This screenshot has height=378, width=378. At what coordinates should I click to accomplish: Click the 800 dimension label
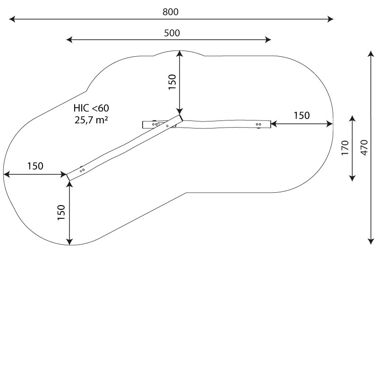(171, 12)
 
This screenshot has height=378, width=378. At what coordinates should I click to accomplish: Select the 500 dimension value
(172, 33)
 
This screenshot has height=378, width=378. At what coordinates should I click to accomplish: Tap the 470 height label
(364, 147)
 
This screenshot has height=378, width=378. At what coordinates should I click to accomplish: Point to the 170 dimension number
(345, 148)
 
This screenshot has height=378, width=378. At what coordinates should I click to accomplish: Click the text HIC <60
(91, 108)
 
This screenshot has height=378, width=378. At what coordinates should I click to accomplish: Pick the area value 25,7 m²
(91, 120)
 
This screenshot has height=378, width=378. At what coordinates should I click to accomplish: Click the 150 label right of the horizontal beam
(301, 116)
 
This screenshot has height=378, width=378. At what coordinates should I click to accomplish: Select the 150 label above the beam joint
(172, 82)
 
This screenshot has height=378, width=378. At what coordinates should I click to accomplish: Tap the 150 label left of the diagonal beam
(35, 166)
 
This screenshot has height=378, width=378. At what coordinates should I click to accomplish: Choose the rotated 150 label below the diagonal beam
(61, 212)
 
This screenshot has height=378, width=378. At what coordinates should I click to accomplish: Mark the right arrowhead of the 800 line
(330, 19)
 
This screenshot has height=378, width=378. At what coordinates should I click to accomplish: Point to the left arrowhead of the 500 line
(69, 40)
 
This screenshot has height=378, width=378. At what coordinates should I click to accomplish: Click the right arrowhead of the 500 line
(268, 40)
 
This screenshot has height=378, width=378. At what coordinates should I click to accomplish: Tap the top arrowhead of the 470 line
(371, 53)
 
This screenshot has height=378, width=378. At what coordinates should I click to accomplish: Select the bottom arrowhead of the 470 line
(371, 241)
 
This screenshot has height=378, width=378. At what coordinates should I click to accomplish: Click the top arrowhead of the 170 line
(352, 119)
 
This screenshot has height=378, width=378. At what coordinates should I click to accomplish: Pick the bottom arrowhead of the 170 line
(352, 178)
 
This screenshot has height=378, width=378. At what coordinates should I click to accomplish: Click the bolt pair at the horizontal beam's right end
(258, 124)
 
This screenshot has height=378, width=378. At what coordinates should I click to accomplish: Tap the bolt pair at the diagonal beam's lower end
(82, 171)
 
